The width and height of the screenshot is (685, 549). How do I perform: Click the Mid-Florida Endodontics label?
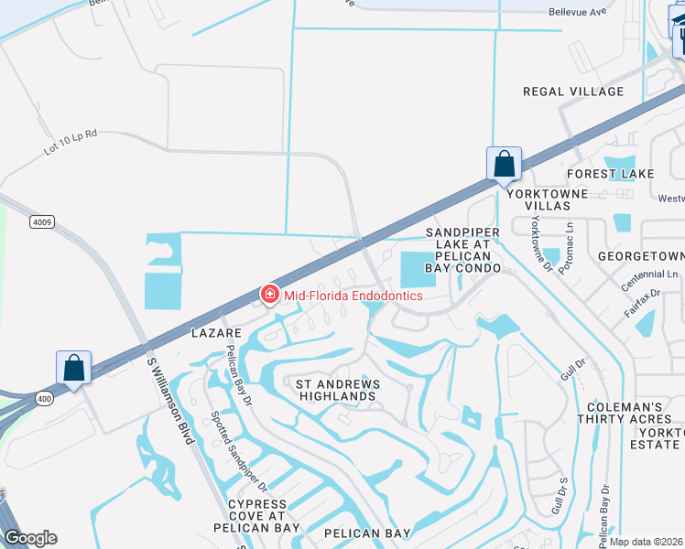[x=353, y=296]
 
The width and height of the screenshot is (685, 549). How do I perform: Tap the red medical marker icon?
[x=269, y=294]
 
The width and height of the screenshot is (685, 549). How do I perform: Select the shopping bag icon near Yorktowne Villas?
[x=504, y=165]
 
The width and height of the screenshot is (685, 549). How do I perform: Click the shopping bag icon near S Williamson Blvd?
[x=74, y=368]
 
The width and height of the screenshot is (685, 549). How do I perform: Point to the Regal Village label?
[x=573, y=91]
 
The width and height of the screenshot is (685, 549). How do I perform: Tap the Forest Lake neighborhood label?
[x=610, y=174]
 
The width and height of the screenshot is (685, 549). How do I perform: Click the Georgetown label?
[x=640, y=257]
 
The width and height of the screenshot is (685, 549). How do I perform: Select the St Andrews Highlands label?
[x=334, y=389]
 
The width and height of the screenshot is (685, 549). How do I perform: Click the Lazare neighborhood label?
[x=216, y=334]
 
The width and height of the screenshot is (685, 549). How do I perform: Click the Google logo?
[x=30, y=538]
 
